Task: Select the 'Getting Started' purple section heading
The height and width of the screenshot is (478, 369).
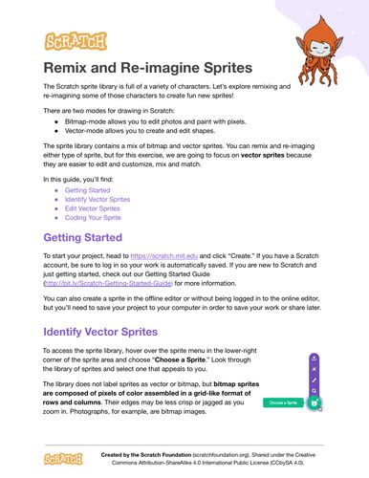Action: click(83, 237)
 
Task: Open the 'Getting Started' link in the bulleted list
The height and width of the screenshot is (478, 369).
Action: click(88, 190)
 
